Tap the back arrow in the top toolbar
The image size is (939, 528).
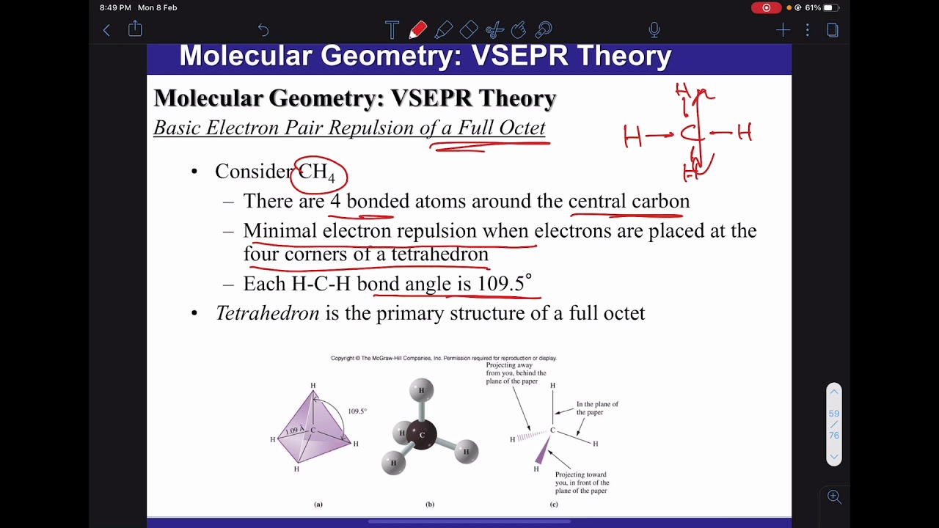pyautogui.click(x=106, y=30)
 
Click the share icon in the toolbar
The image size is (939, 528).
pyautogui.click(x=135, y=29)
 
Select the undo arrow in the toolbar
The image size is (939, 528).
pyautogui.click(x=263, y=30)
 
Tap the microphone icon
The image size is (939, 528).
pyautogui.click(x=654, y=30)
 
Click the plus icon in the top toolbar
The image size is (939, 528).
pyautogui.click(x=783, y=30)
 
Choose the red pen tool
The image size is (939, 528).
pyautogui.click(x=418, y=30)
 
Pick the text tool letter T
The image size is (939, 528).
pyautogui.click(x=392, y=30)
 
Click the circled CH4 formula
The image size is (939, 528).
pyautogui.click(x=318, y=174)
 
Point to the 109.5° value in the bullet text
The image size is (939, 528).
pyautogui.click(x=504, y=284)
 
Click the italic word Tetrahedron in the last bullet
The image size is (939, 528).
pyautogui.click(x=267, y=313)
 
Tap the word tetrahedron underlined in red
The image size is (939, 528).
pyautogui.click(x=439, y=254)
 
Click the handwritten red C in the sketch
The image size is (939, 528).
pyautogui.click(x=690, y=134)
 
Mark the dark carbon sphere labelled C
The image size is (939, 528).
pyautogui.click(x=421, y=435)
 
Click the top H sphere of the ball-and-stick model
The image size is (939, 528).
pyautogui.click(x=421, y=390)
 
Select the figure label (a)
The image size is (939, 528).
pyautogui.click(x=318, y=505)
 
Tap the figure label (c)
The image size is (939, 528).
pyautogui.click(x=554, y=505)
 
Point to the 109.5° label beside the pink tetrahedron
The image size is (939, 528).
pyautogui.click(x=357, y=411)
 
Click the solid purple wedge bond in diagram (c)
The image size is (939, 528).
pyautogui.click(x=544, y=450)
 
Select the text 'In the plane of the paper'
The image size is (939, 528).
pyautogui.click(x=596, y=408)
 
